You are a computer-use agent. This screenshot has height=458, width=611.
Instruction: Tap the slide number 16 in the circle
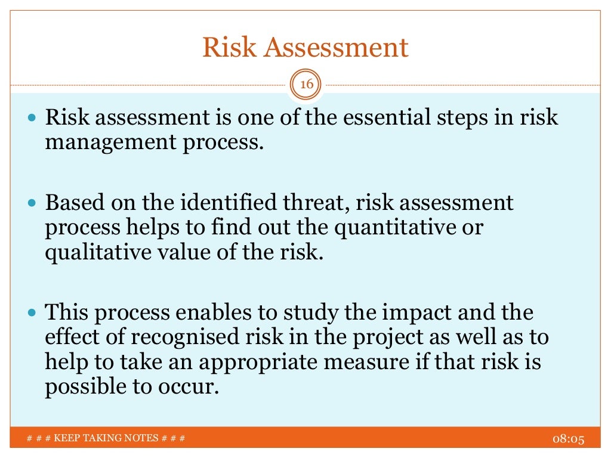[306, 85]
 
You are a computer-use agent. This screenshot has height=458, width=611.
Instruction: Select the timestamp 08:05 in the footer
[566, 440]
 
